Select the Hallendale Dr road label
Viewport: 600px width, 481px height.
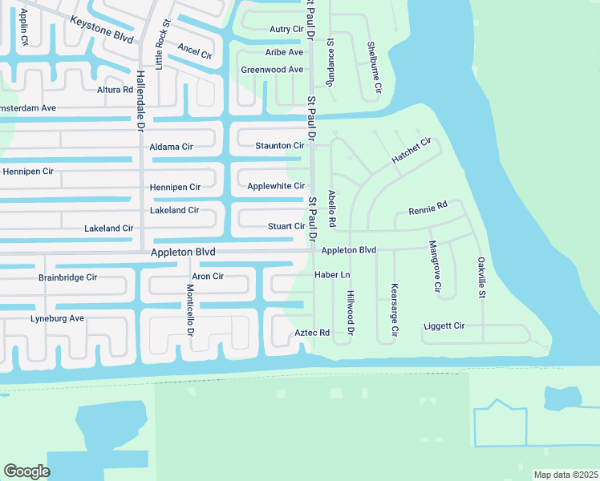[x=140, y=99]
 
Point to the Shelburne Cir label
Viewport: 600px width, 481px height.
[x=371, y=66]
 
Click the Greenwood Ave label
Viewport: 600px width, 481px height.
[x=272, y=70]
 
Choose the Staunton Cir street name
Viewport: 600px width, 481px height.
[x=279, y=146]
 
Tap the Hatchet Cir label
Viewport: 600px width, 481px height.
[x=411, y=151]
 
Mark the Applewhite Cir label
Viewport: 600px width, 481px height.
[x=275, y=186]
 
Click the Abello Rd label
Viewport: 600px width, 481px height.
[x=331, y=208]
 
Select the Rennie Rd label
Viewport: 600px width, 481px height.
[x=427, y=210]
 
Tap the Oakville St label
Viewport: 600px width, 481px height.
[x=481, y=277]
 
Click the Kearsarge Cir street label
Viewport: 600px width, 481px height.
[x=394, y=309]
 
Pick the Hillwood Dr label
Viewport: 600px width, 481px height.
[x=351, y=313]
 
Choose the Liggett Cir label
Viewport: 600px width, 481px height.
[x=444, y=326]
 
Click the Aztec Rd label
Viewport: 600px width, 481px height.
[x=312, y=332]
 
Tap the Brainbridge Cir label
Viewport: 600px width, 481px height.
[x=67, y=277]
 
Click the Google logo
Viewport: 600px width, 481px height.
[x=26, y=471]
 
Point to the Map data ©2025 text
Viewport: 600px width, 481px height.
[x=565, y=475]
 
